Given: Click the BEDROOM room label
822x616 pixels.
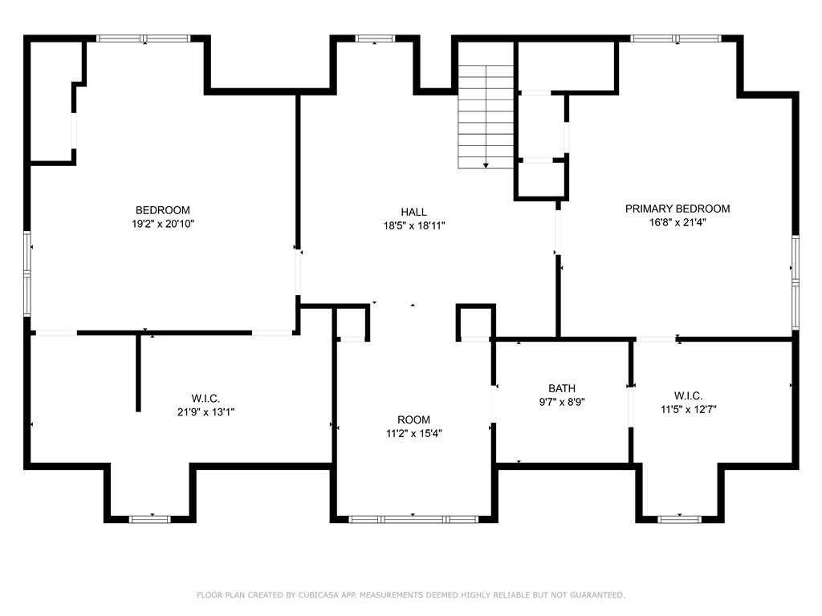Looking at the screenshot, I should [162, 210].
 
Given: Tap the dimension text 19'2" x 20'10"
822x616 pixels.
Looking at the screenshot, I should [162, 225].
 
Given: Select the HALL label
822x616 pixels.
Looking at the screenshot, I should [414, 212].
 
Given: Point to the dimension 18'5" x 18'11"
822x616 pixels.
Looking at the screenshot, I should [414, 226].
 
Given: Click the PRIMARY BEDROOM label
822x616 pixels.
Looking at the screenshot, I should [678, 209].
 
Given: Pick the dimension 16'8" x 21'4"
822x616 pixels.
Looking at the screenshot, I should [678, 223].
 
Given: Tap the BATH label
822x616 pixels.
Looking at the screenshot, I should [562, 388].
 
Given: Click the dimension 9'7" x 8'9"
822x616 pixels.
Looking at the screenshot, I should [562, 403].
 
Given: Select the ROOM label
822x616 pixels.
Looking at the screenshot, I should [413, 419].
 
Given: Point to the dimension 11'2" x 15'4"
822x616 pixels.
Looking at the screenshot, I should [413, 433].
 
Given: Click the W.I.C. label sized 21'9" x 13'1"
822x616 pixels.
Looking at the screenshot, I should [205, 398].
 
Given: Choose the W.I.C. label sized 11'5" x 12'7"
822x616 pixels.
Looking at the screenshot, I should [688, 395].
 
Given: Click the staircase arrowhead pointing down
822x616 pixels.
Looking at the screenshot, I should [486, 165].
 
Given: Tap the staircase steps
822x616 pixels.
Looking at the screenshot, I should [486, 112].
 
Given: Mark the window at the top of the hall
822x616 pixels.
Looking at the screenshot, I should [375, 38].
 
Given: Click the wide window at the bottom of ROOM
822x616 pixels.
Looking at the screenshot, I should [413, 519].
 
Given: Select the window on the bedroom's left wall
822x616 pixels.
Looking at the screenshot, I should [27, 273].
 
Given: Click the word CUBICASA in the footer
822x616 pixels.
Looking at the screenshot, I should [311, 595].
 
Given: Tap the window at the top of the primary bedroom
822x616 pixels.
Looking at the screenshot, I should [674, 38].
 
